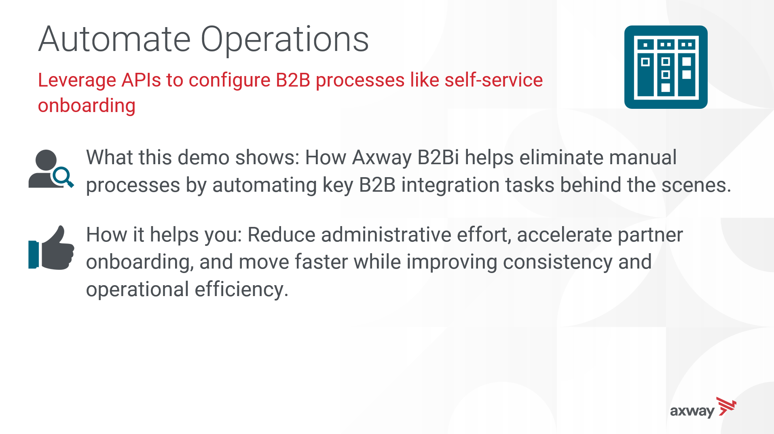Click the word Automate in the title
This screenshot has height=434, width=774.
[114, 39]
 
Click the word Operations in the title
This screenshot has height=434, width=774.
[285, 39]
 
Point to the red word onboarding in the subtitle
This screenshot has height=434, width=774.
[87, 106]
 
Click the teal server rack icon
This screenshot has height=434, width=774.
[666, 67]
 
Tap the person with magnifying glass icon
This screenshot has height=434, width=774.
[51, 169]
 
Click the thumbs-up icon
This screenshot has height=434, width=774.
[51, 248]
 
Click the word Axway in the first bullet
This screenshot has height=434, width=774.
[382, 157]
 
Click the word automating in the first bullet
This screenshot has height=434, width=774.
[264, 186]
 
